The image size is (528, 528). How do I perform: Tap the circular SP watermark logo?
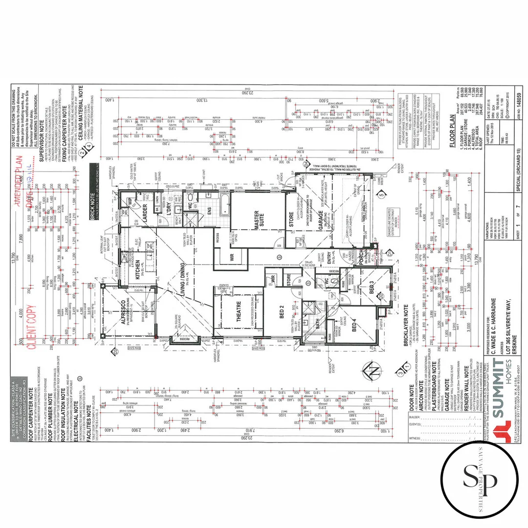coord(479,479)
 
